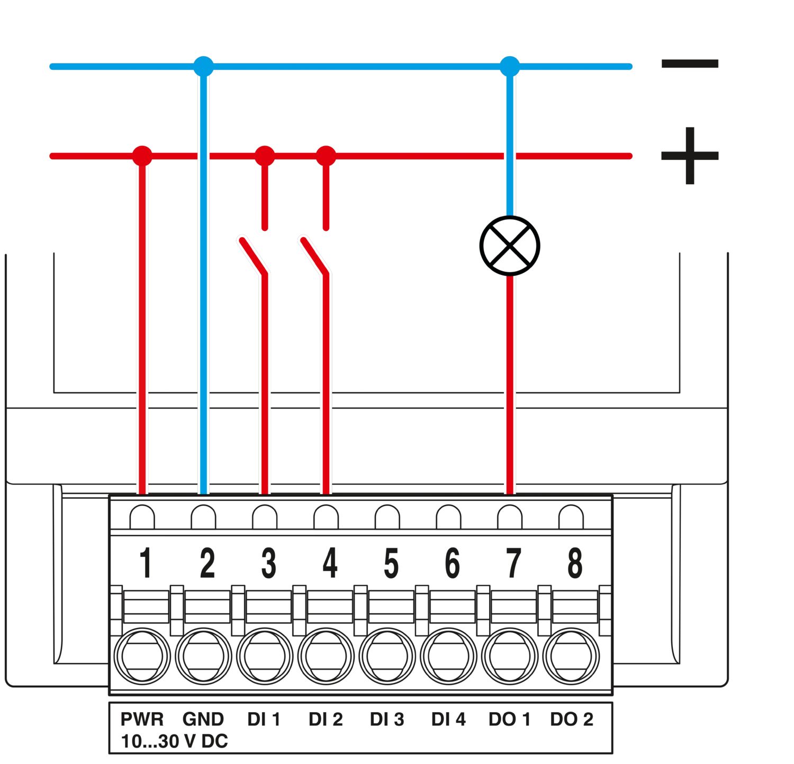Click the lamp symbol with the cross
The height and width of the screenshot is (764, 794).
click(509, 246)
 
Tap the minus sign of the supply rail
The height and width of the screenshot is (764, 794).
click(690, 64)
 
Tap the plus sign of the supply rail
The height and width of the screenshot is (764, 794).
click(690, 156)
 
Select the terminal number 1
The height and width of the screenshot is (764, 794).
click(146, 562)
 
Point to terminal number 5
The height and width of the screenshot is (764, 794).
click(391, 563)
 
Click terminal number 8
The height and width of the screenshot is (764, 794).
click(575, 563)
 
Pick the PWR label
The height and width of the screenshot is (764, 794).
click(142, 719)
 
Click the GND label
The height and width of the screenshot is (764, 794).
click(203, 719)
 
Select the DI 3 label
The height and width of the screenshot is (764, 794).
click(387, 719)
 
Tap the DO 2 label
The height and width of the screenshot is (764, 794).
click(572, 719)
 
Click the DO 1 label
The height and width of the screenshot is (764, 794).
click(509, 719)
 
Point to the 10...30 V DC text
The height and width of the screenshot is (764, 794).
click(174, 741)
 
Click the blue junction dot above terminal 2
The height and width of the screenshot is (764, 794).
click(203, 67)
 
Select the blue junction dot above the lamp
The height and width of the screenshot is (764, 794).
click(510, 67)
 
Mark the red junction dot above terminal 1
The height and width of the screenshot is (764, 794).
click(142, 156)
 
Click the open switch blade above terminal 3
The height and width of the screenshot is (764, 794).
click(253, 256)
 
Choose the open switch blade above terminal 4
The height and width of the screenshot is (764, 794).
click(314, 256)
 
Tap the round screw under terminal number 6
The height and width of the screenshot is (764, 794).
click(448, 656)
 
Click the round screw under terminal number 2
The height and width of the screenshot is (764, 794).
click(203, 656)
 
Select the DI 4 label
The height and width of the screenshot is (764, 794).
click(448, 719)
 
